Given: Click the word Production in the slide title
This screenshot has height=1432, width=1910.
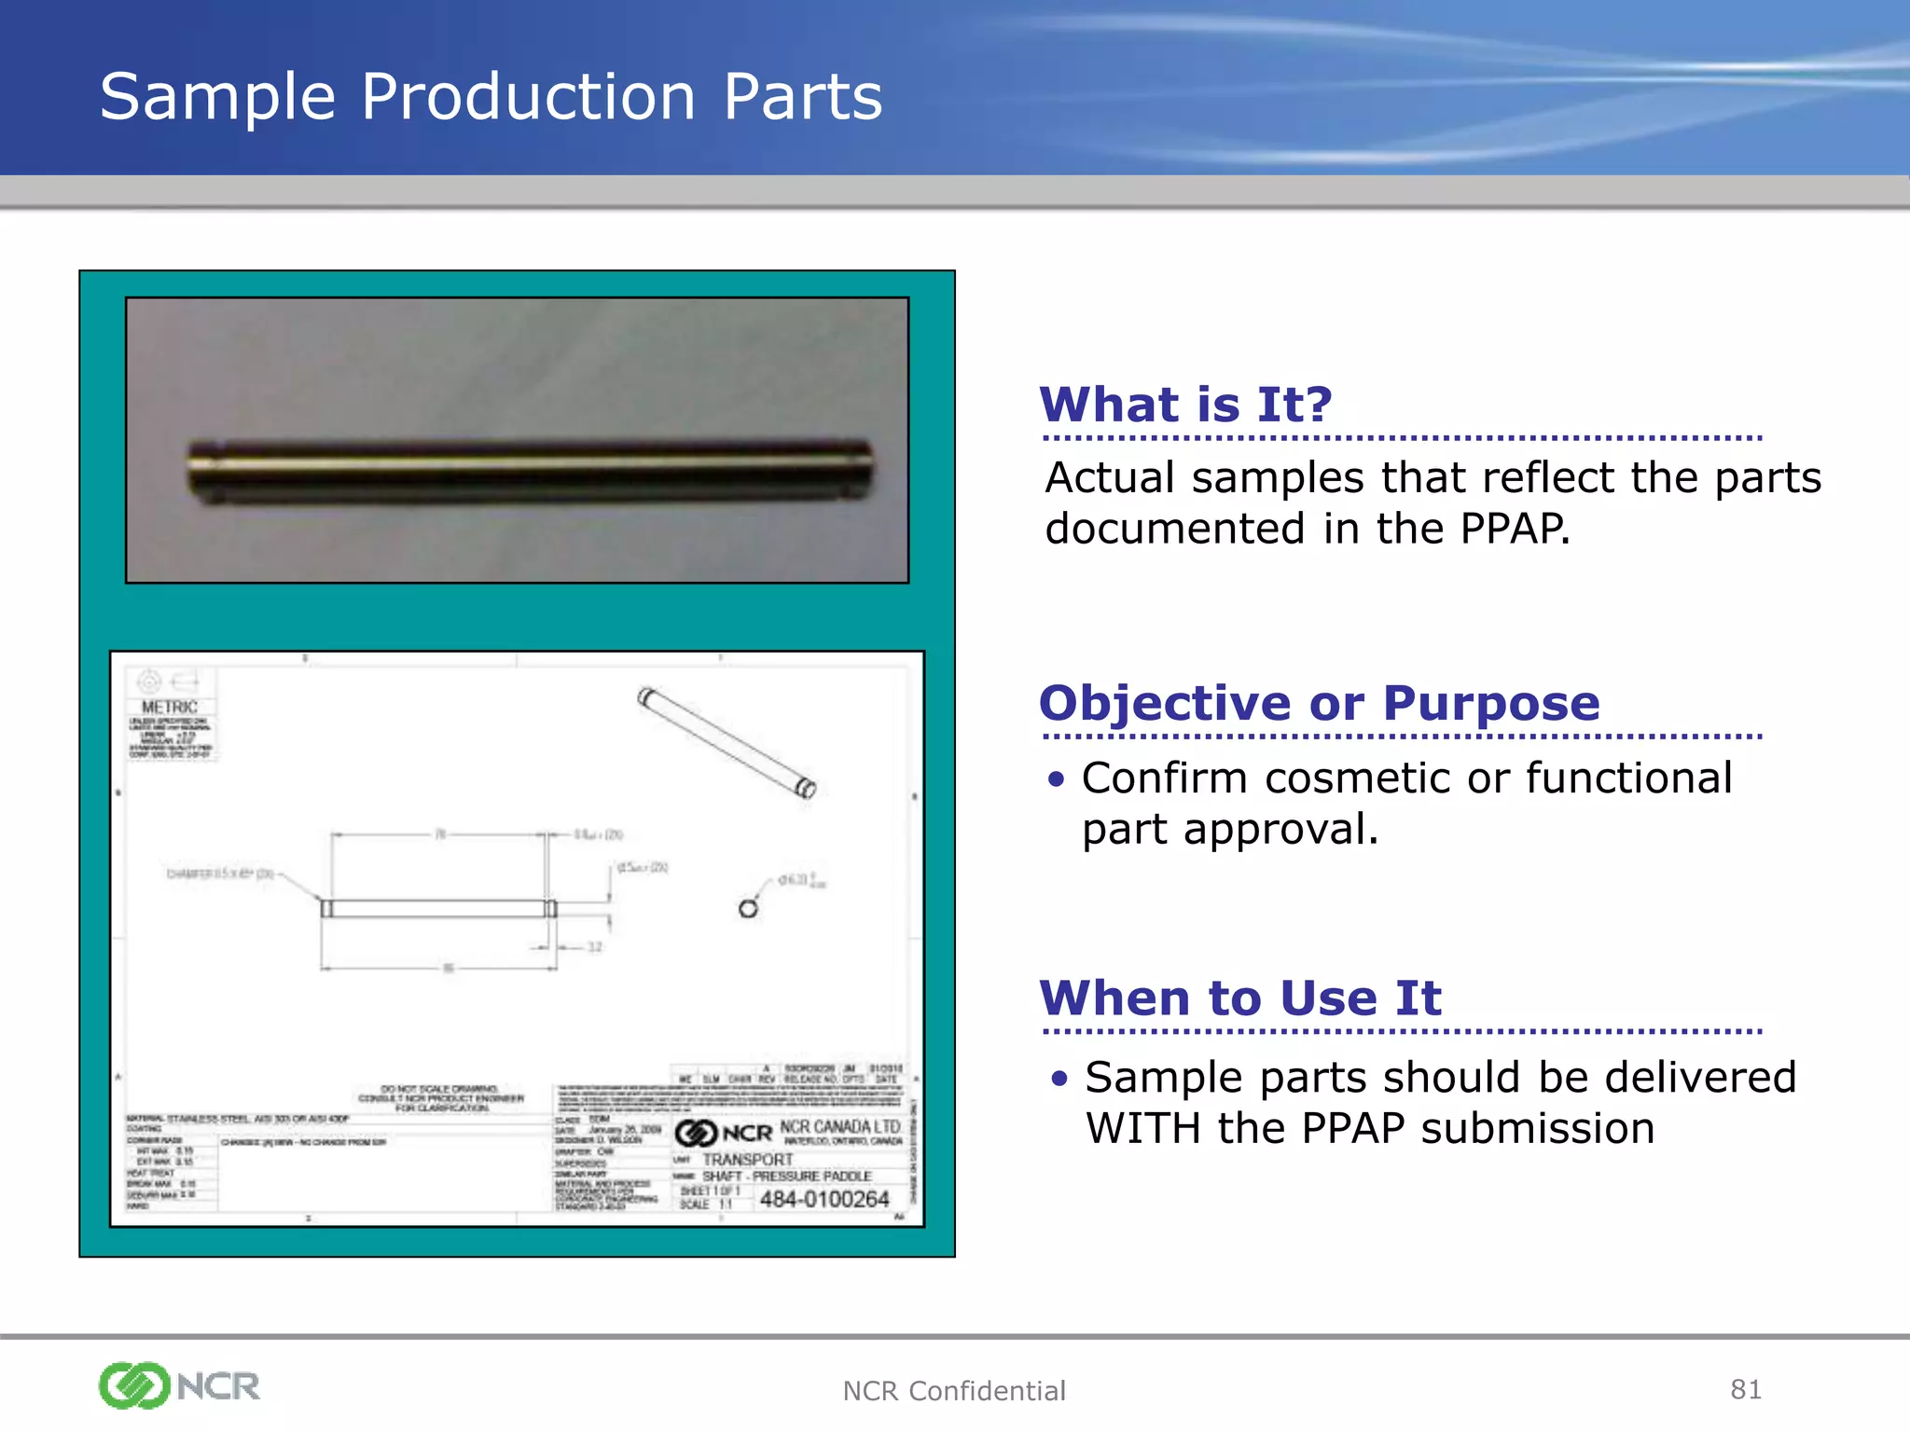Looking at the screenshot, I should coord(528,97).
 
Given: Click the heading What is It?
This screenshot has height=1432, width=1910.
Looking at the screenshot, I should coord(1185,406).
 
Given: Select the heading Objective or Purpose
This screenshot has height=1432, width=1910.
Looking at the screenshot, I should coord(1319,703).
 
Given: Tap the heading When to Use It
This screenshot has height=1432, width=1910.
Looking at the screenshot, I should coord(1240,998).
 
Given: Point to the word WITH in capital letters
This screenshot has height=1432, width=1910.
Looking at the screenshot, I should coord(1142,1129).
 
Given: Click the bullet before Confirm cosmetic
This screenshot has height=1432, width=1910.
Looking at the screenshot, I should coord(1055,779).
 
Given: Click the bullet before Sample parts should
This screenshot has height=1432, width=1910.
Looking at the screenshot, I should coord(1058,1079).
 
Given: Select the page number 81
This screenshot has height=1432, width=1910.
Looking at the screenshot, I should coord(1745,1389).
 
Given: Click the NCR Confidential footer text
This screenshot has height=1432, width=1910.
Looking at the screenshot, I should coord(953,1391).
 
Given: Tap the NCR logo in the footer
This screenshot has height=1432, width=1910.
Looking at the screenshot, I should coord(179,1385).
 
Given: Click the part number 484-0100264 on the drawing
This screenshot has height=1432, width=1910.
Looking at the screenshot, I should coord(824,1200).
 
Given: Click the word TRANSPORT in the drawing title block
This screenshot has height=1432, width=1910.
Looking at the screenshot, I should coord(747,1160).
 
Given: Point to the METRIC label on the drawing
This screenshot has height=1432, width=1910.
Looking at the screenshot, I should coord(170,708).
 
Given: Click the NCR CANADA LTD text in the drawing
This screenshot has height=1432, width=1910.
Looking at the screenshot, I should coord(839,1127).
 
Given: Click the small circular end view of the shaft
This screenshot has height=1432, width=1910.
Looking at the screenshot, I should coord(748,908).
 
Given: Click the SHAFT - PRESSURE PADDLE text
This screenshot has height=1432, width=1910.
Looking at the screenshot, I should coord(786,1177).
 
